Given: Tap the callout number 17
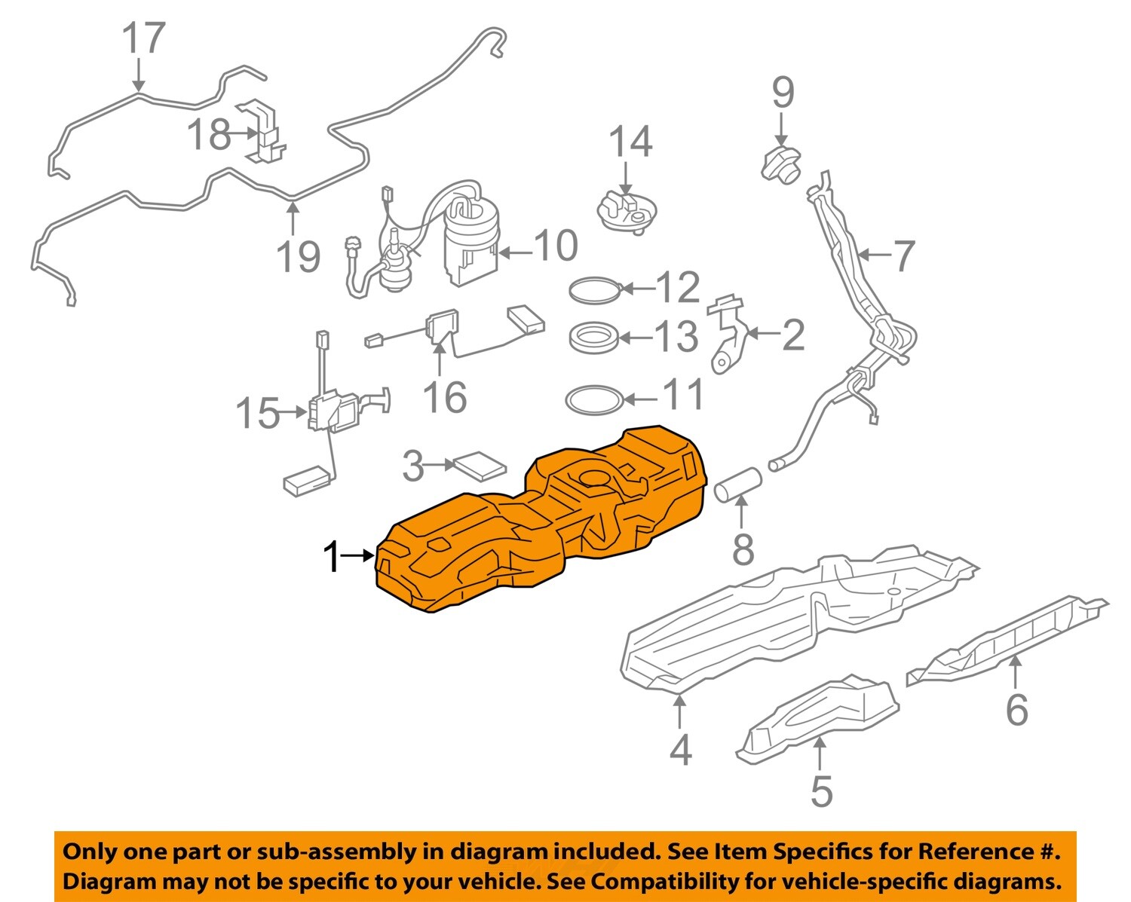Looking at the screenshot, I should click(143, 38).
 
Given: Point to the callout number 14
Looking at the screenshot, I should click(630, 142).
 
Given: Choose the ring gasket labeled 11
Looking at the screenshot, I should click(594, 400).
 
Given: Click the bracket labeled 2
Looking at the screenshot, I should click(728, 335).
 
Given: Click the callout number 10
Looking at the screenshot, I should click(556, 246).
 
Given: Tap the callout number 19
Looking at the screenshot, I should click(299, 257).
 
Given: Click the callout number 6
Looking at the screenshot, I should click(1016, 709).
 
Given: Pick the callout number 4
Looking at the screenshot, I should click(680, 750).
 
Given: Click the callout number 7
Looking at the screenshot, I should click(903, 255).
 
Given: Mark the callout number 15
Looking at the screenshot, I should click(257, 414).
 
